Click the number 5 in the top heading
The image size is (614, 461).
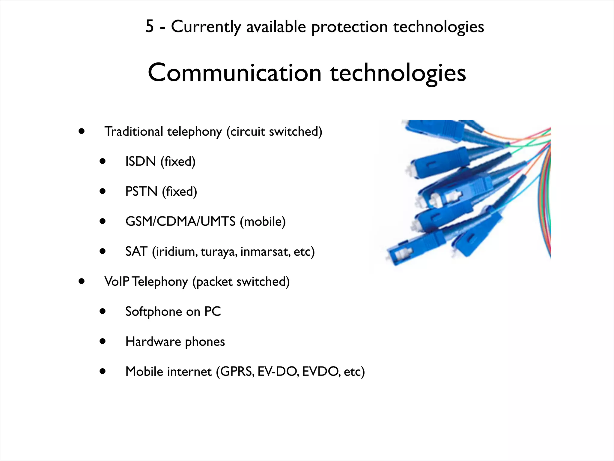tap(150, 26)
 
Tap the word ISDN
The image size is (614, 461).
tap(140, 161)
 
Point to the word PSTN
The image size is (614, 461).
tap(141, 191)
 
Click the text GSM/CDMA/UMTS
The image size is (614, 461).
tap(180, 221)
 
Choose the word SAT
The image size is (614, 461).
tap(136, 252)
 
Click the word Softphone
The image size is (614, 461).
tap(153, 312)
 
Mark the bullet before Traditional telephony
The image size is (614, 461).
tap(81, 131)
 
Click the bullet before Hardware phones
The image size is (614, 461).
tap(103, 342)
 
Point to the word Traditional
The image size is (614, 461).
tap(133, 131)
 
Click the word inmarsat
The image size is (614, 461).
tap(265, 252)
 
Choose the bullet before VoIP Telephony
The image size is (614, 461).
tap(81, 282)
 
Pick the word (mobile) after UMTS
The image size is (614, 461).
tap(263, 221)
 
